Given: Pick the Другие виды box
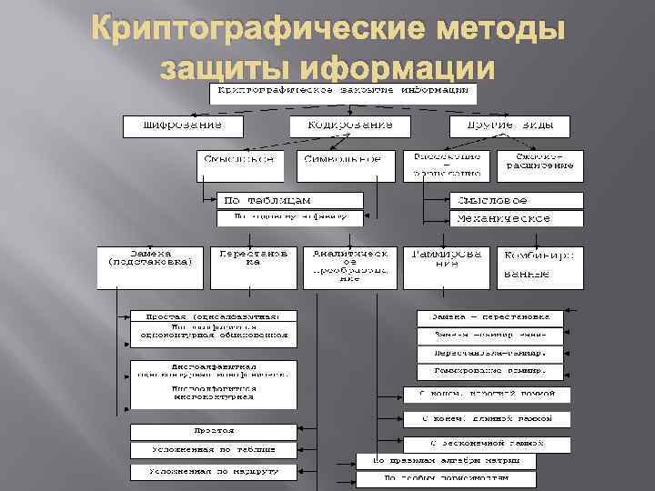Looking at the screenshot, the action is pos(509,125).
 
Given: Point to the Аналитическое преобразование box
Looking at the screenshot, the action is pos(350,265).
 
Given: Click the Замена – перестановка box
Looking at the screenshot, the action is pos(490,317).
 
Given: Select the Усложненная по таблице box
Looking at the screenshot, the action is pos(213,450).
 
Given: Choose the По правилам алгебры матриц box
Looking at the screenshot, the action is pos(446,461).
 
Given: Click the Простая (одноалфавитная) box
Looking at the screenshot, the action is pos(213,316).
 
